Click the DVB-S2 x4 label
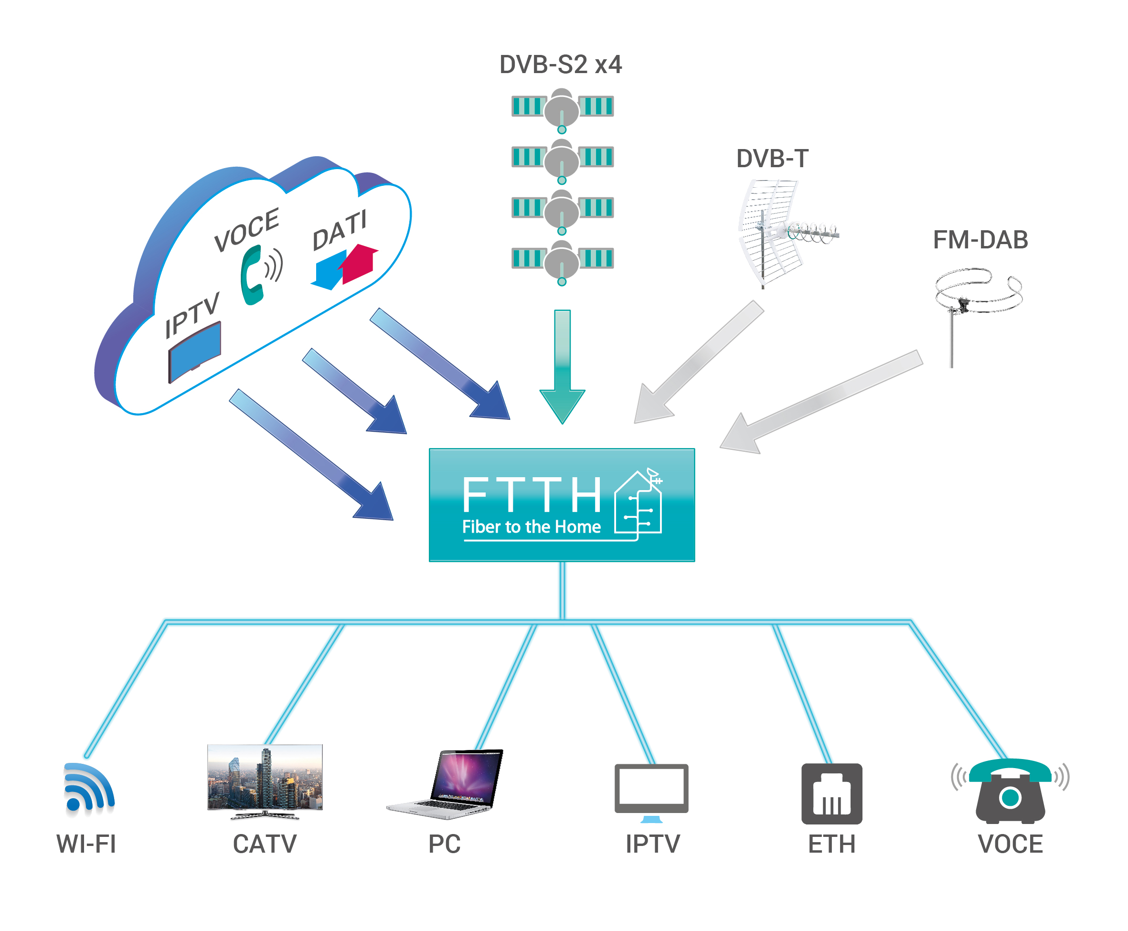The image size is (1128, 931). click(x=560, y=65)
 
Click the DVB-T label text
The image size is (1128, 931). click(x=772, y=159)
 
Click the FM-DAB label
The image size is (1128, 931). click(x=980, y=240)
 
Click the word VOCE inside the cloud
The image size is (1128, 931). click(x=246, y=230)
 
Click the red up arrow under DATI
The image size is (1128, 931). click(x=359, y=263)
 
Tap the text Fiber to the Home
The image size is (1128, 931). click(x=531, y=526)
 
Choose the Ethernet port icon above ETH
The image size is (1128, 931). click(x=831, y=794)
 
